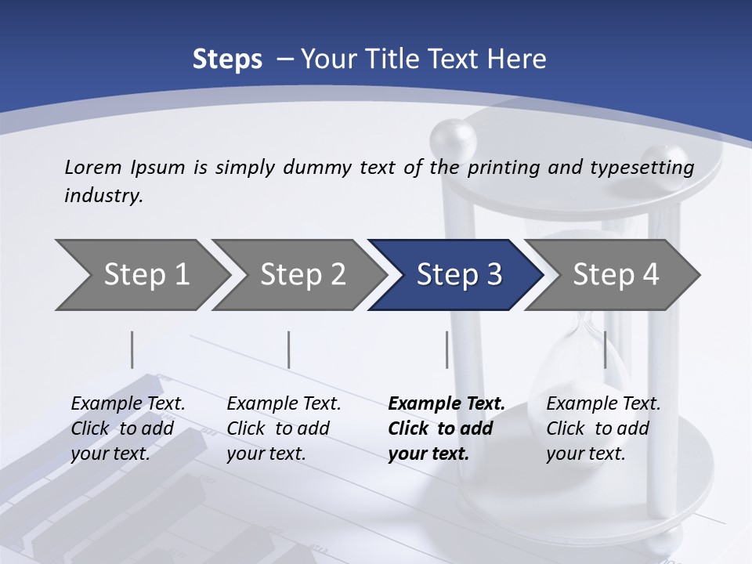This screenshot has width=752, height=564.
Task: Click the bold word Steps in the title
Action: point(227,59)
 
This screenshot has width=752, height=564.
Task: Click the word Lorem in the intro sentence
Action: point(93,167)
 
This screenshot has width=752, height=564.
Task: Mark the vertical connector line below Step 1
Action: point(132,349)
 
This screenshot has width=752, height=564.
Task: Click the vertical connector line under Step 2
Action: point(289,349)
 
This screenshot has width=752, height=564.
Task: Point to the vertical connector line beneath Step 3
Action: point(446,349)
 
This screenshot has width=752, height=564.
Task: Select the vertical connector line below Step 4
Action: point(605,349)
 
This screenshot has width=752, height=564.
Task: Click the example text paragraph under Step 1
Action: point(128,428)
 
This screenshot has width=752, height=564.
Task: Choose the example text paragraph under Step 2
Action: point(284,428)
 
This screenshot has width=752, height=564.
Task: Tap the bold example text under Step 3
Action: point(446,428)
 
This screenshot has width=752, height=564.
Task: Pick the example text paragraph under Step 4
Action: point(603,428)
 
